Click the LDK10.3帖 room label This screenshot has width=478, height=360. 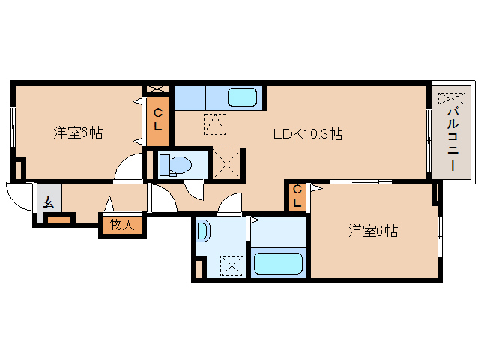pyautogui.click(x=307, y=135)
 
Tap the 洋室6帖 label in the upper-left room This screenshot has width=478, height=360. pyautogui.click(x=77, y=133)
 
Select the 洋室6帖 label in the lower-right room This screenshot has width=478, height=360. pyautogui.click(x=372, y=232)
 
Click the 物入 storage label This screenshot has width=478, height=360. pyautogui.click(x=121, y=224)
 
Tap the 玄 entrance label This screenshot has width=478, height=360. pyautogui.click(x=48, y=202)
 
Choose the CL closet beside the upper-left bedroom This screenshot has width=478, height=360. pyautogui.click(x=158, y=120)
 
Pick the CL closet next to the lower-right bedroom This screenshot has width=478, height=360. pyautogui.click(x=297, y=196)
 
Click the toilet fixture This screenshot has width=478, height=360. pyautogui.click(x=175, y=164)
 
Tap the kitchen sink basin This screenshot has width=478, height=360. pyautogui.click(x=242, y=97)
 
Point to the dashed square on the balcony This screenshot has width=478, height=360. pyautogui.click(x=450, y=99)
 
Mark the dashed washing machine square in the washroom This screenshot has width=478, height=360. pyautogui.click(x=232, y=265)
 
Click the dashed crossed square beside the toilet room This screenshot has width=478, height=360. pyautogui.click(x=228, y=161)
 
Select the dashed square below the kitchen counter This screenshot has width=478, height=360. pyautogui.click(x=215, y=123)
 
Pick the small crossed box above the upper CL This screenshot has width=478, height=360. pyautogui.click(x=158, y=89)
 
